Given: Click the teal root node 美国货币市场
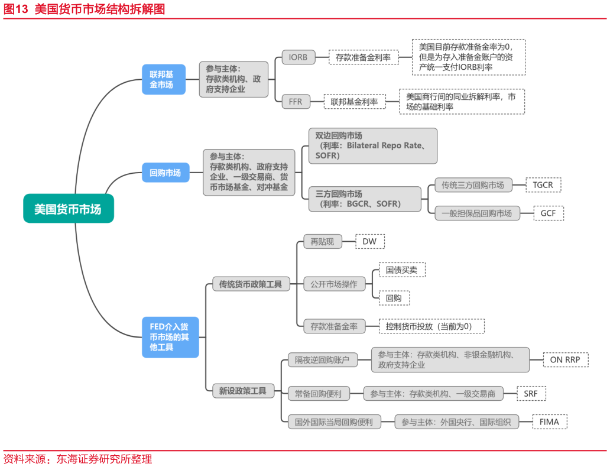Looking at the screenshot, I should [68, 209].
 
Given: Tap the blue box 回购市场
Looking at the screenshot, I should [166, 173].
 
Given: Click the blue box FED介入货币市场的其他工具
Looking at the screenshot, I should [170, 337].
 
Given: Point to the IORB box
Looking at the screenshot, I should [298, 57].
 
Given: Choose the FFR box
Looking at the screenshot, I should [296, 102].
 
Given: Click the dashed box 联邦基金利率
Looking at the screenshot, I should [354, 102].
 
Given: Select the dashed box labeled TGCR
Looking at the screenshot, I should [543, 185].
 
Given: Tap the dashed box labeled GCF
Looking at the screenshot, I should [548, 213].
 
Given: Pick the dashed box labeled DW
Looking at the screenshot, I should [369, 241].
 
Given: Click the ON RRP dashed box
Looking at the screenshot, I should [565, 359].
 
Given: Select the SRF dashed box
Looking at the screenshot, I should [531, 393].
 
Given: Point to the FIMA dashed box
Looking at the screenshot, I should [549, 422].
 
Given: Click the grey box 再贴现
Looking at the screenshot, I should [322, 241].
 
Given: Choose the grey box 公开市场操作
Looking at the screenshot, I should [333, 284].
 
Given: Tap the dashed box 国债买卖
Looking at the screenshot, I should [401, 270].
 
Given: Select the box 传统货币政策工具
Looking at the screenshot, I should [251, 284].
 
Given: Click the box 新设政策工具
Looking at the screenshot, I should [243, 390].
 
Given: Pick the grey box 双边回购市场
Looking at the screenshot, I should [372, 145].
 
